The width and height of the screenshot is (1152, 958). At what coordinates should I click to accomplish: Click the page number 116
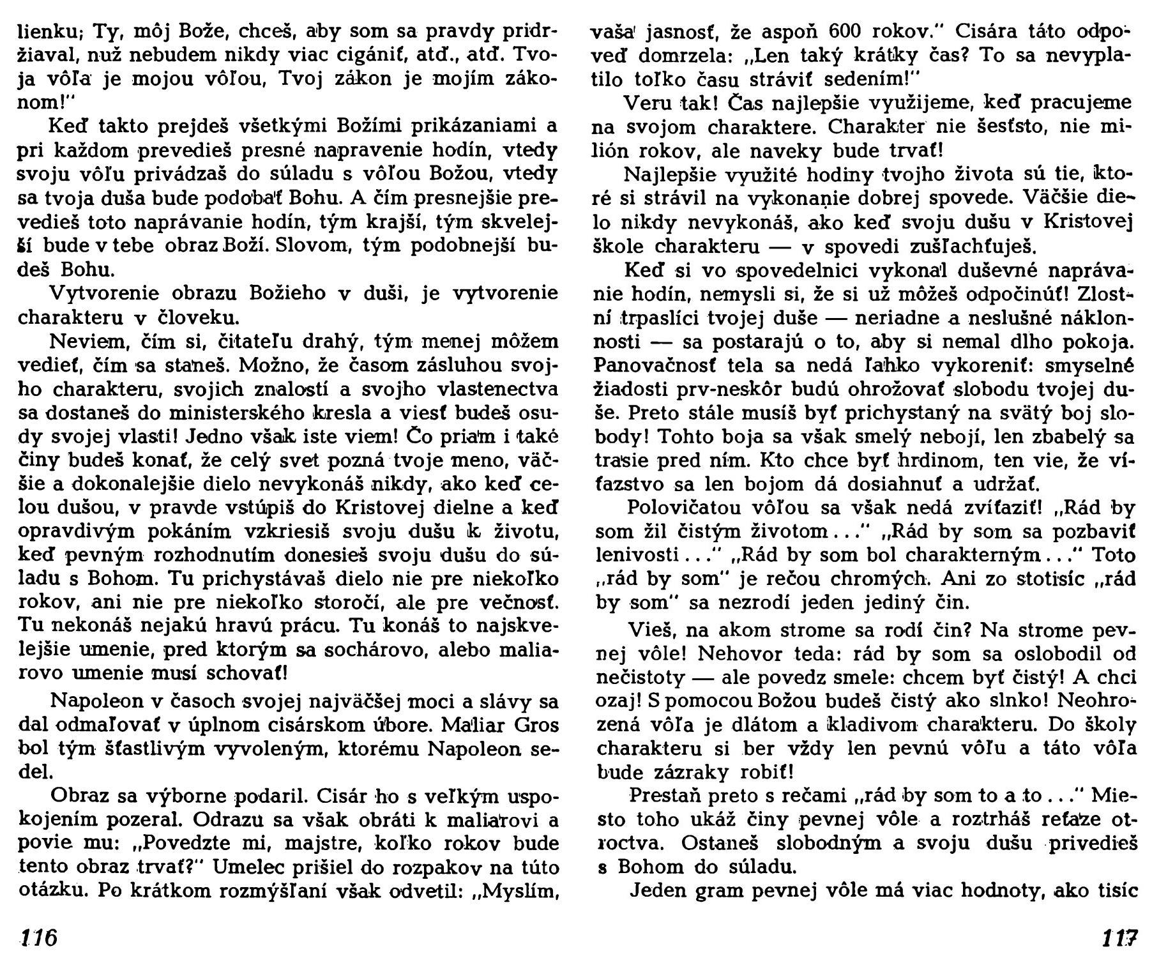39,938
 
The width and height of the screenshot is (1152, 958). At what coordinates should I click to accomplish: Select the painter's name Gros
538,726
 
